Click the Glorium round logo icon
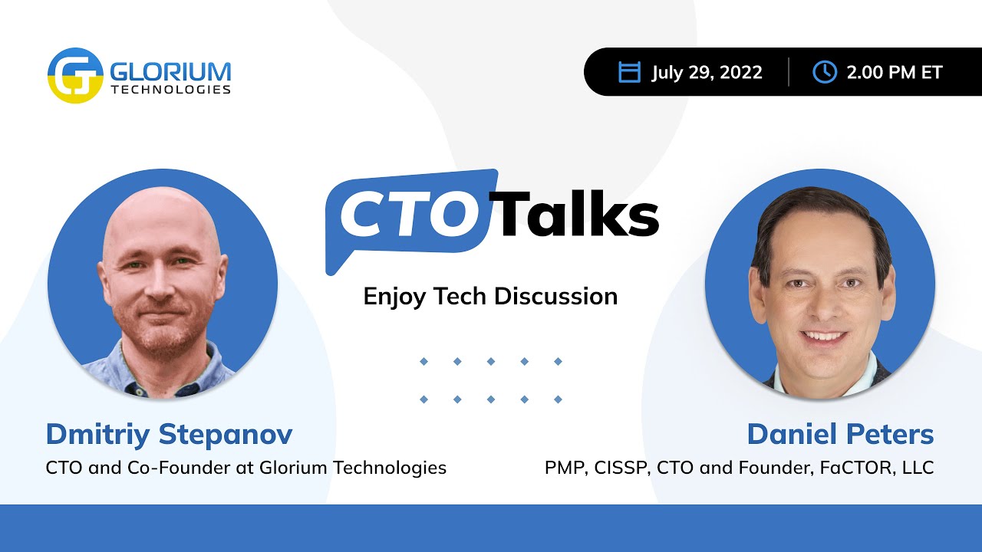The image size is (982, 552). coord(75,75)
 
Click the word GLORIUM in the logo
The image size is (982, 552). coord(170,71)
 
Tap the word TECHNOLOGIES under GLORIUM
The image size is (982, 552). coord(170,90)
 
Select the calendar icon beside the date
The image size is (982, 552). coord(629,72)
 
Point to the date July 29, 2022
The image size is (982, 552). coord(707,73)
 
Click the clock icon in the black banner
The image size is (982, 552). coord(824,72)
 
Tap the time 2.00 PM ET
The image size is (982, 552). coord(894,73)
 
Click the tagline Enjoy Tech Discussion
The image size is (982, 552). coord(490,296)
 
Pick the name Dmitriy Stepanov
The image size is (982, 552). coord(169,435)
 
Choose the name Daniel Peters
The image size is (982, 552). coord(840,435)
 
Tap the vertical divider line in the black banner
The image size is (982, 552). coord(789,72)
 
